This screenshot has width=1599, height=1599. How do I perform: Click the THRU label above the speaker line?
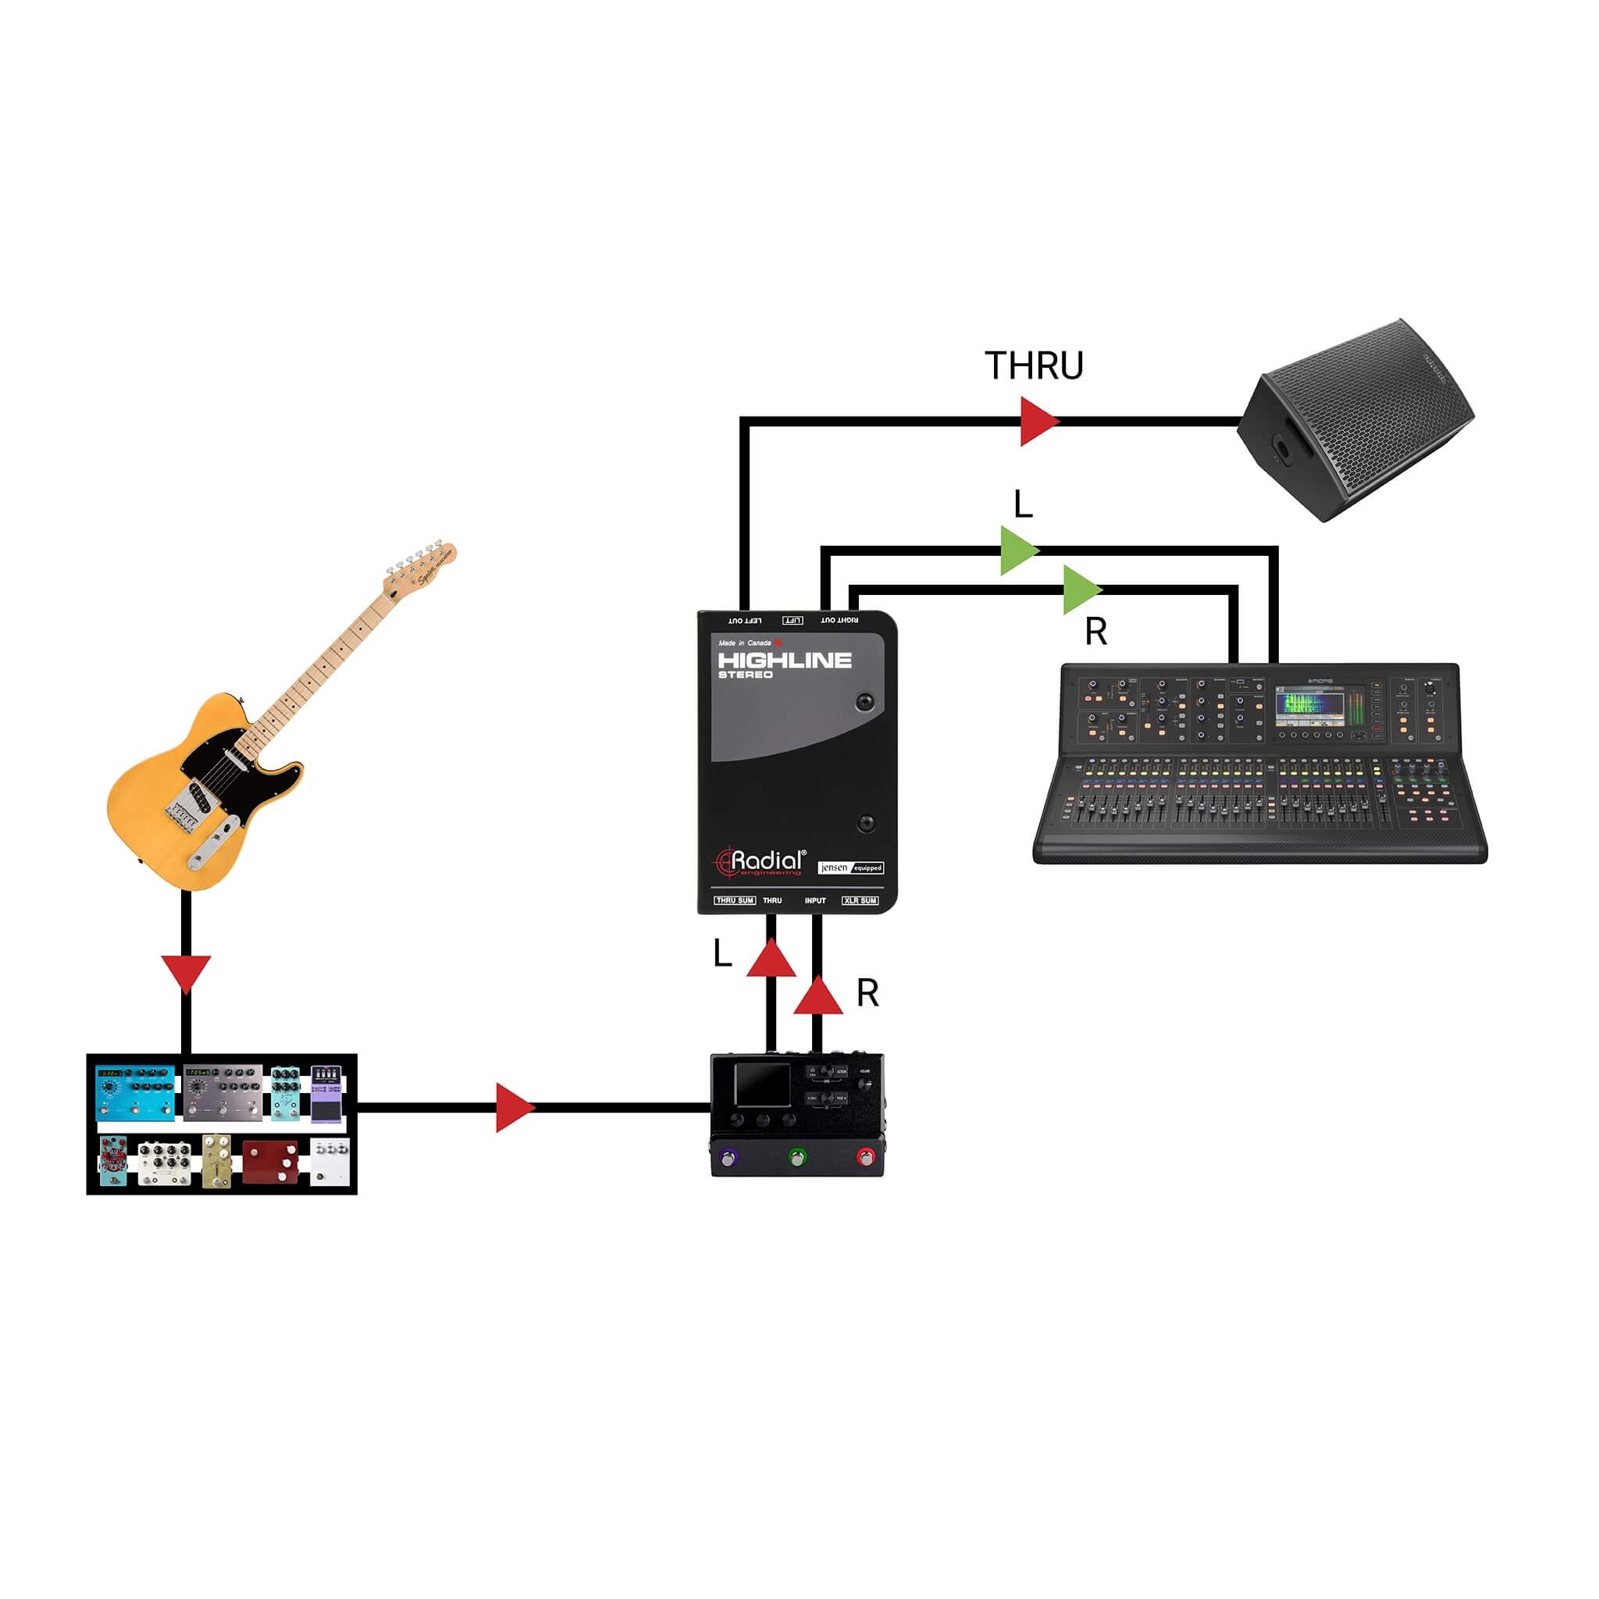click(1034, 366)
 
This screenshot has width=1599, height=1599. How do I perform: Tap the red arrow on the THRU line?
click(1038, 422)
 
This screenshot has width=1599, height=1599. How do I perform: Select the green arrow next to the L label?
click(1018, 550)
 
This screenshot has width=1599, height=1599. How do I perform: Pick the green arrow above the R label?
click(1081, 590)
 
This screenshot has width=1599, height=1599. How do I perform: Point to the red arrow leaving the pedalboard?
click(513, 1107)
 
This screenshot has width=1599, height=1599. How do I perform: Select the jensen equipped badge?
click(850, 867)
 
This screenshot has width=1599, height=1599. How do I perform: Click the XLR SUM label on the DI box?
click(860, 900)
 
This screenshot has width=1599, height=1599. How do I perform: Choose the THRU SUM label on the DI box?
click(735, 900)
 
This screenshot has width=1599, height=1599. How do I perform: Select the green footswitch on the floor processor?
click(796, 1157)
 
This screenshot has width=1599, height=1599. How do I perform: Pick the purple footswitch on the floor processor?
click(728, 1157)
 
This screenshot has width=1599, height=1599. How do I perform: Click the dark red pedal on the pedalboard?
click(270, 1161)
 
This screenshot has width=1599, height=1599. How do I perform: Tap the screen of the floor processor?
click(763, 1085)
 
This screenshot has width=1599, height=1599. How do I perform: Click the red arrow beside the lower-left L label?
click(771, 959)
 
